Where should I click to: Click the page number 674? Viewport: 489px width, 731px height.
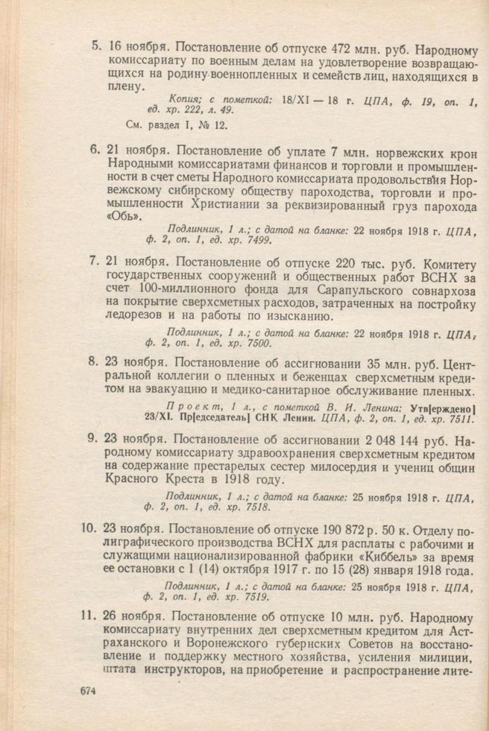pyautogui.click(x=88, y=691)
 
